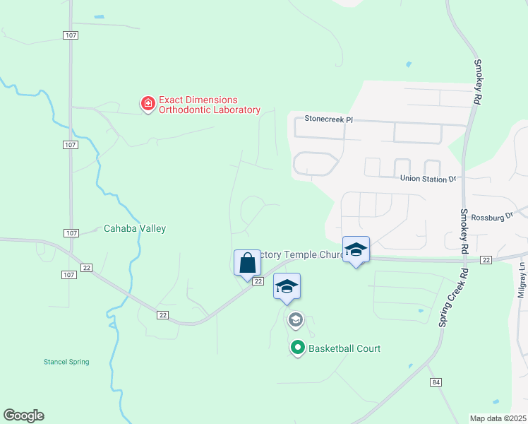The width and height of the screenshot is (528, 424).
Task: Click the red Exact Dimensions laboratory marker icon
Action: pyautogui.click(x=148, y=105)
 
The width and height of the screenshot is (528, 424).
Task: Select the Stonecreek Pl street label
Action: pyautogui.click(x=328, y=119)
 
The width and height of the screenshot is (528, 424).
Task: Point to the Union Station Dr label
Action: pyautogui.click(x=428, y=179)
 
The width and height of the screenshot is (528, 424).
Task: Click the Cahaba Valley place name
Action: pyautogui.click(x=134, y=228)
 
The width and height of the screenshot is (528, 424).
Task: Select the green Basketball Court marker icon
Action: pyautogui.click(x=298, y=348)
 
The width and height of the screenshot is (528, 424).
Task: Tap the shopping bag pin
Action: pyautogui.click(x=247, y=264)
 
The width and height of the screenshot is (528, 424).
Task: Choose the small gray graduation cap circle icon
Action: pyautogui.click(x=295, y=321)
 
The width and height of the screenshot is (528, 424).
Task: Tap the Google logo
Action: pyautogui.click(x=23, y=416)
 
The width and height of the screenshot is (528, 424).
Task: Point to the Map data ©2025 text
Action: pyautogui.click(x=497, y=418)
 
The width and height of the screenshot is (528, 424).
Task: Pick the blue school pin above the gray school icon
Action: pyautogui.click(x=287, y=287)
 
